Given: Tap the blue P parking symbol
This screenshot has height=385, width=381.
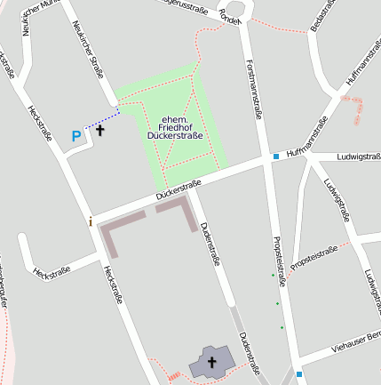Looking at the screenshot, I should pyautogui.click(x=75, y=137).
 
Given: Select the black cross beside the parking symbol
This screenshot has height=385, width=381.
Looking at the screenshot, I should pyautogui.click(x=99, y=131).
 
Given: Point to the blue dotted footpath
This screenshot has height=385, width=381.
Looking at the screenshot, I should pyautogui.click(x=103, y=118).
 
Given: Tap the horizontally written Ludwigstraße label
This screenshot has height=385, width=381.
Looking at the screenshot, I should pyautogui.click(x=359, y=157).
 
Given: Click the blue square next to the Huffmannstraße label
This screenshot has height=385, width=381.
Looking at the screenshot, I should pyautogui.click(x=276, y=156).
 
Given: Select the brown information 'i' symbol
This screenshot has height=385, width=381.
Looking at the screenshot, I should pyautogui.click(x=90, y=221).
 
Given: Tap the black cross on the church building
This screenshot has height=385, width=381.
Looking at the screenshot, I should pyautogui.click(x=211, y=362).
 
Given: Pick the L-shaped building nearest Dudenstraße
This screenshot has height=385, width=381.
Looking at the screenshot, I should pyautogui.click(x=180, y=210).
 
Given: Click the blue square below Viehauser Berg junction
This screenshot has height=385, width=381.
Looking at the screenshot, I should pyautogui.click(x=300, y=374).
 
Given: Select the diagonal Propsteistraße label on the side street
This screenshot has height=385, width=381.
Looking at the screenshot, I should pyautogui.click(x=314, y=258).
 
